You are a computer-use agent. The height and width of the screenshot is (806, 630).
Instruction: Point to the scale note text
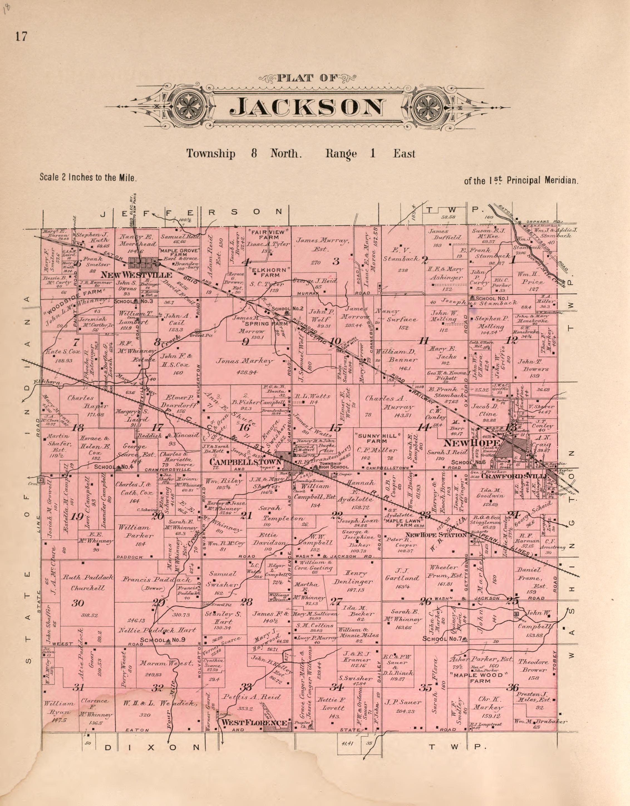point(88,178)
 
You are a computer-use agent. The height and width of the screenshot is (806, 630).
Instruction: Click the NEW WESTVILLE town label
point(137,275)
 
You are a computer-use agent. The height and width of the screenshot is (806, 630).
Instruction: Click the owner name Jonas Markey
point(252,361)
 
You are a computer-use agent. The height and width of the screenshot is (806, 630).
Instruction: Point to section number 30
point(78,603)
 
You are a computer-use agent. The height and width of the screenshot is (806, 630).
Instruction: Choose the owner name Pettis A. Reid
point(251,697)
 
